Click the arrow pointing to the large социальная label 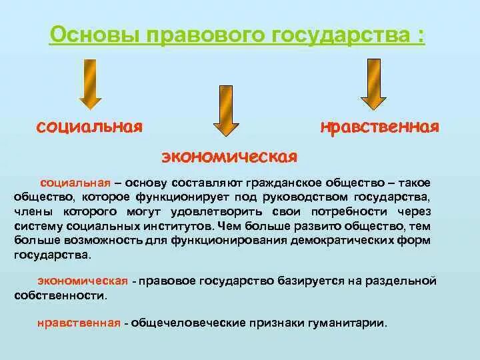91,83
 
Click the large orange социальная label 89,127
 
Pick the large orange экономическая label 229,156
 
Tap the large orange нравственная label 379,127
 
